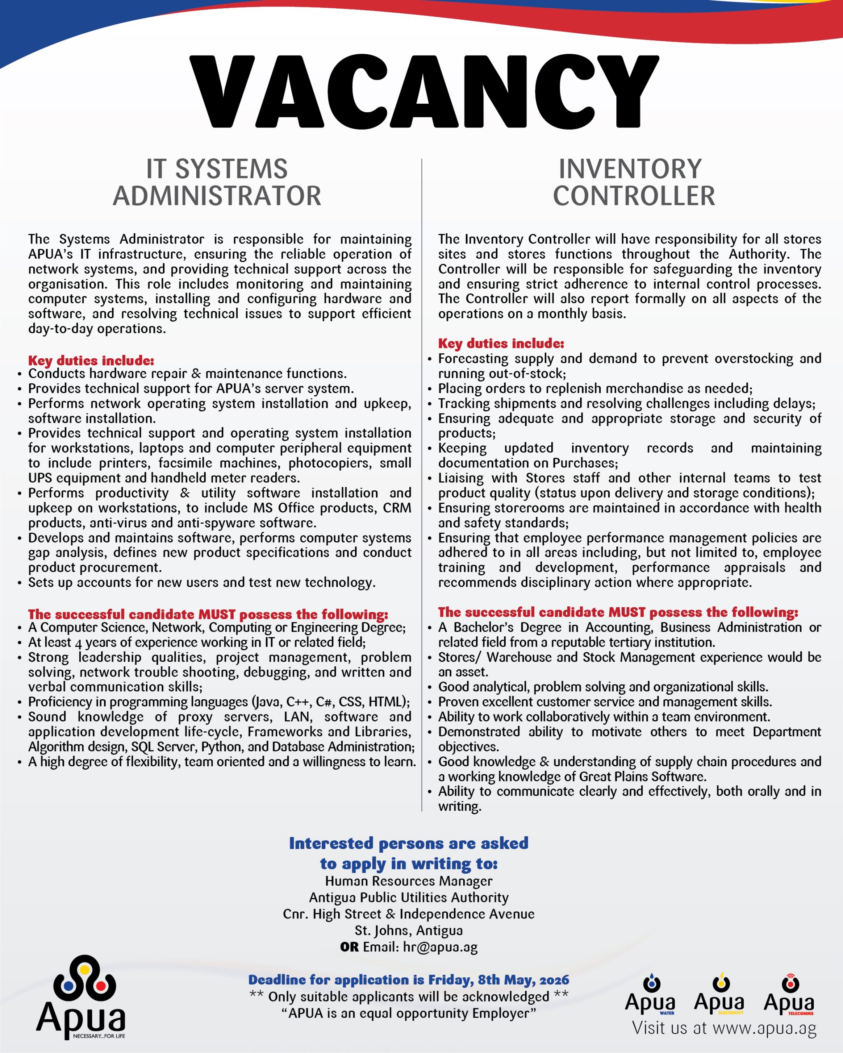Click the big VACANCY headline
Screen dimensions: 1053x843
[423, 91]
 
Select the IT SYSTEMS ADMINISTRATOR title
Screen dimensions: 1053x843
[217, 182]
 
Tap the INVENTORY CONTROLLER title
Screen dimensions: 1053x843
[633, 182]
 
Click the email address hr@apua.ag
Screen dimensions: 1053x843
[440, 947]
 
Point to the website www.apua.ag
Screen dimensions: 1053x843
[764, 1028]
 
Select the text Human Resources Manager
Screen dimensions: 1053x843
[409, 881]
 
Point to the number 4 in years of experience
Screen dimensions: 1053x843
[78, 643]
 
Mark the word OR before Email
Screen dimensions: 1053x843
[349, 947]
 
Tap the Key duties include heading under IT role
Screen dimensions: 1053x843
[91, 360]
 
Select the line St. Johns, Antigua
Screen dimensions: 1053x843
[409, 930]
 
